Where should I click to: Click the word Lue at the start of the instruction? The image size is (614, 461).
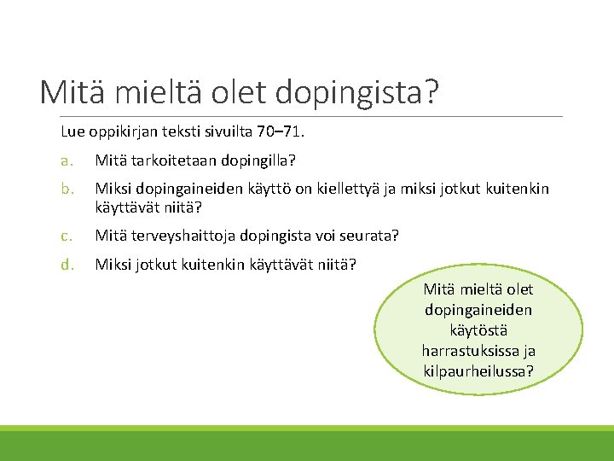point(72,132)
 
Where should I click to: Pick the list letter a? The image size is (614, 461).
point(65,160)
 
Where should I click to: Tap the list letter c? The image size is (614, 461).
point(65,235)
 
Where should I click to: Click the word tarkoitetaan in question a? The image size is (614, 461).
point(166,160)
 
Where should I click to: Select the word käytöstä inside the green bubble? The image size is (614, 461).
point(478,330)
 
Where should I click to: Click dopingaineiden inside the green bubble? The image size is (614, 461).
point(478,310)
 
